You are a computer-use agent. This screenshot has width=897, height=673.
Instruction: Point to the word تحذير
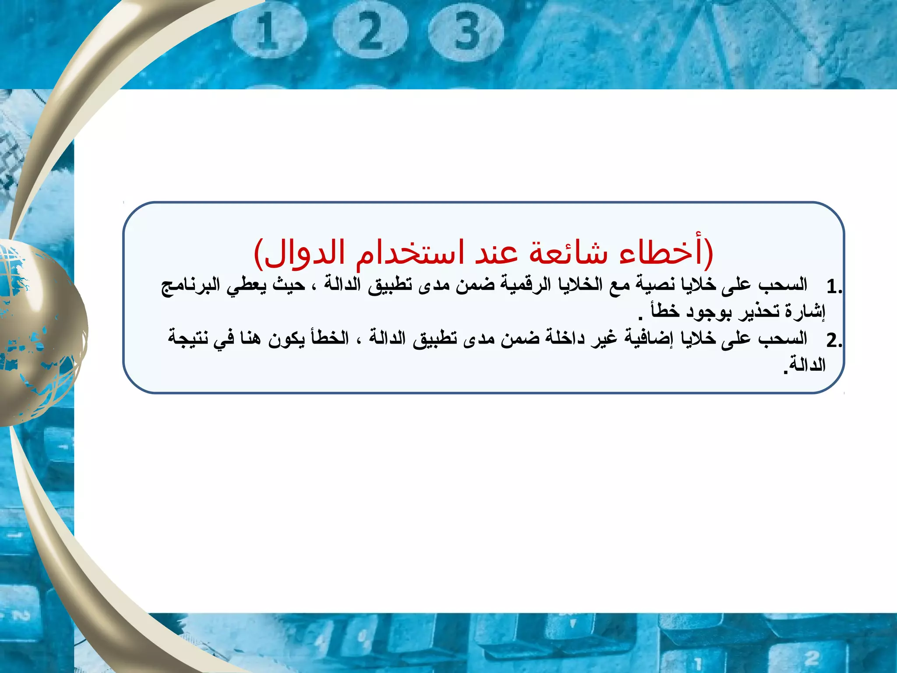point(759,312)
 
